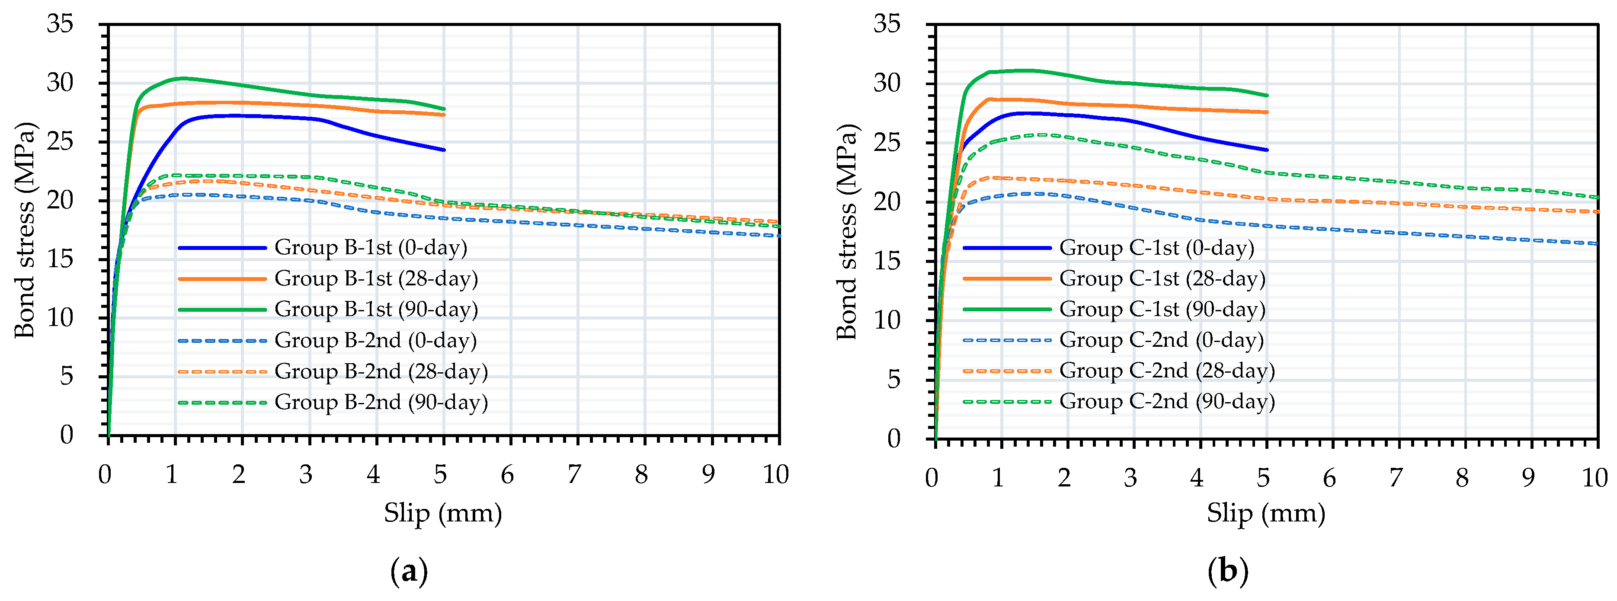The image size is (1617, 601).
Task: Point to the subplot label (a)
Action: click(x=409, y=572)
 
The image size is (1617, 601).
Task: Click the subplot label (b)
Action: click(x=1228, y=572)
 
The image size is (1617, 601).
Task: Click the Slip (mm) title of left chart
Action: click(x=442, y=513)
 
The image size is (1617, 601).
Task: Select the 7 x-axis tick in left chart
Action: click(x=574, y=475)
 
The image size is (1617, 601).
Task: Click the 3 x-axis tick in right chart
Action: click(x=1130, y=478)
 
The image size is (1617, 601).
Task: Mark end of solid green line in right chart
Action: click(x=1268, y=96)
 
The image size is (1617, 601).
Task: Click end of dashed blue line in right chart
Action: click(x=1598, y=243)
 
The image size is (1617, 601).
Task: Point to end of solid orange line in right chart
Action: click(x=1268, y=112)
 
